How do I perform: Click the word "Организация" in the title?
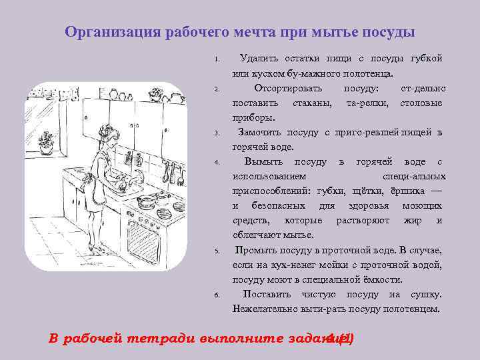[108, 33]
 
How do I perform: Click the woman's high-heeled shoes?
[97, 253]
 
